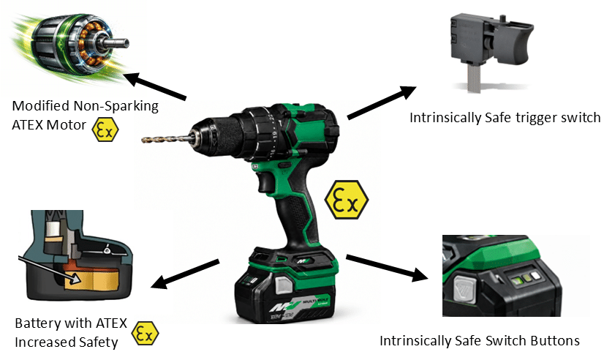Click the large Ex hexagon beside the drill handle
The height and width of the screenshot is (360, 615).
click(x=347, y=200)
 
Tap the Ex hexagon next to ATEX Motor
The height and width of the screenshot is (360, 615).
click(x=105, y=130)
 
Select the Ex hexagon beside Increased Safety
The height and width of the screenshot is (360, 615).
click(x=145, y=334)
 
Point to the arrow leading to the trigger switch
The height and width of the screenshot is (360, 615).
click(x=381, y=102)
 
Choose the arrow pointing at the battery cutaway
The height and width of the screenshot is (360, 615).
click(x=185, y=274)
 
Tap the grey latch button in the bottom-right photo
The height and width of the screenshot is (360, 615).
click(x=465, y=290)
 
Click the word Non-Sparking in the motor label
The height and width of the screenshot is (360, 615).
click(x=116, y=106)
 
